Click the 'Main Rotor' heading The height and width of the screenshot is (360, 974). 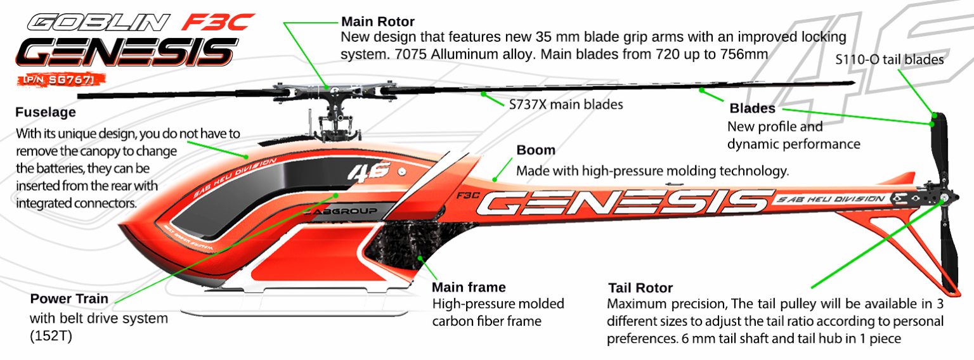coord(377,22)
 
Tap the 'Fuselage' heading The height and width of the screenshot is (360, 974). coord(46,112)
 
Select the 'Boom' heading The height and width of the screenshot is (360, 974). coord(536,150)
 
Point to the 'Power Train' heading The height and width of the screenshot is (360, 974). coord(69,299)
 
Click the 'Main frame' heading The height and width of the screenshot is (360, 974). coord(469,287)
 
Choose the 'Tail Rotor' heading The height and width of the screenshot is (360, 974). coord(640,288)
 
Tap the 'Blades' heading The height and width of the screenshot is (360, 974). coord(752,108)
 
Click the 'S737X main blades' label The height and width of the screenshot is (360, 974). coord(566,105)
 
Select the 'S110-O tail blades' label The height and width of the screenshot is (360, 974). coord(890,60)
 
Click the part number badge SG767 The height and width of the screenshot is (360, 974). coord(61,80)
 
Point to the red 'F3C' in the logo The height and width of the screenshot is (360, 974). coord(218,22)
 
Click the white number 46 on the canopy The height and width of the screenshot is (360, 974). coord(368,172)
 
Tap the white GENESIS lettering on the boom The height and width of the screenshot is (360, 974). coord(625,202)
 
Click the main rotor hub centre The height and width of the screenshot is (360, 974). coord(334,90)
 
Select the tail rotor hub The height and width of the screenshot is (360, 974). coord(944,198)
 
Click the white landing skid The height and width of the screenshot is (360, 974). coord(295,313)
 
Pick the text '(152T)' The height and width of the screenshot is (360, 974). coord(51,336)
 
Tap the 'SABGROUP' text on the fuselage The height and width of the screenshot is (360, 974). coord(341,211)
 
